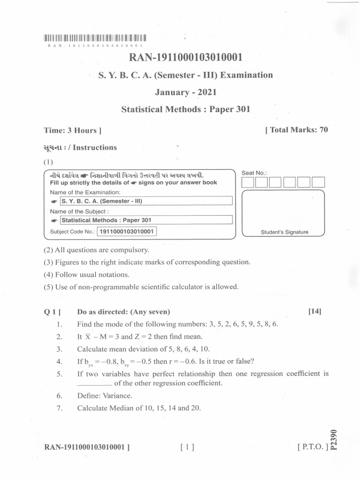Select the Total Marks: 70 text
tap(296, 130)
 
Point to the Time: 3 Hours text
tap(73, 130)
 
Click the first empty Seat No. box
tap(248, 182)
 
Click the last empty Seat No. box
tap(318, 182)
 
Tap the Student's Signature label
tap(285, 232)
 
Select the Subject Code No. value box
tap(127, 232)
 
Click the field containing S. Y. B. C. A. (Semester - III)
tap(146, 201)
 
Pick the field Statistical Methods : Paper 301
tap(146, 220)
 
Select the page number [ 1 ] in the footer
tap(187, 447)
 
